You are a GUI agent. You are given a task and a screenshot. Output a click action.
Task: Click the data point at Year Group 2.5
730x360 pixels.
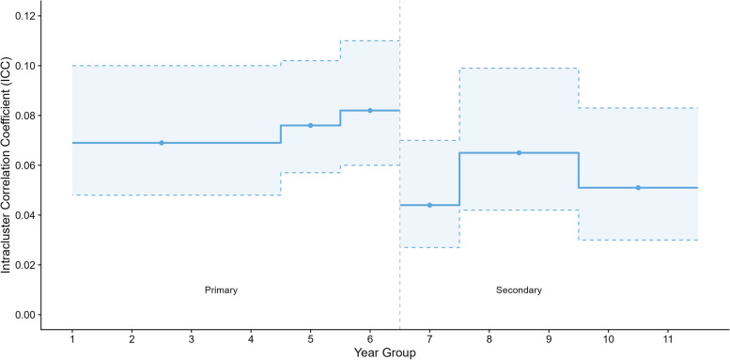coord(162,143)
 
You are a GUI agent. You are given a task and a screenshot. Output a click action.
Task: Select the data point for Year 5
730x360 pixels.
coord(311,125)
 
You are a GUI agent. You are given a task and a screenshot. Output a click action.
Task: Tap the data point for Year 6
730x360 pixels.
coord(370,110)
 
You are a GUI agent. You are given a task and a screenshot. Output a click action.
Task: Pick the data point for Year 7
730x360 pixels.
coord(429,205)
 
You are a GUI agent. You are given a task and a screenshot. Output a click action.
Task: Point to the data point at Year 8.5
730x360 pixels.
coord(520,153)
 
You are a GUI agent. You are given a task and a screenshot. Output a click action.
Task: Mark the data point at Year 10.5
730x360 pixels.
coord(638,188)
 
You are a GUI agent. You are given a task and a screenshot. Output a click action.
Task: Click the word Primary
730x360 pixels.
coord(221,290)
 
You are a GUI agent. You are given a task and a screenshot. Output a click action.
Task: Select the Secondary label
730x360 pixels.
coord(520,290)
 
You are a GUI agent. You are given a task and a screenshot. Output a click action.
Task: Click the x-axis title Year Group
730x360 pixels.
coord(384,352)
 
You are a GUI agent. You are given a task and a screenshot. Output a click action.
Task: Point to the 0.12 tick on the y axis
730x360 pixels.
coord(26,16)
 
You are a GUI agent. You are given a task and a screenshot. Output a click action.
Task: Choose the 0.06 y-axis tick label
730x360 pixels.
coord(26,165)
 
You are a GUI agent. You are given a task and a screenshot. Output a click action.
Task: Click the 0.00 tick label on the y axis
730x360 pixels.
coord(26,315)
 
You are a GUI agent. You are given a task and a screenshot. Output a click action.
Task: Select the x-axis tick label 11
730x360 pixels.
coord(668,337)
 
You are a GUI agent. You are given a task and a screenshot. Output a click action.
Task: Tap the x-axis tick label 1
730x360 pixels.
coord(72,337)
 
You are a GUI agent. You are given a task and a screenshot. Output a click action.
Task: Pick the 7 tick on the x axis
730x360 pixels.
coord(429,337)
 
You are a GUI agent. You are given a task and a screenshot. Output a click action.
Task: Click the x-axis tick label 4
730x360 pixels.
coord(251,337)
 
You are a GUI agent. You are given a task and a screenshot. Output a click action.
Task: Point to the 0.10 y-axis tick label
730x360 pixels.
coord(26,66)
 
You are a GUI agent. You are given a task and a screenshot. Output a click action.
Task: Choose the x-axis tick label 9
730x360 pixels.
coord(549,337)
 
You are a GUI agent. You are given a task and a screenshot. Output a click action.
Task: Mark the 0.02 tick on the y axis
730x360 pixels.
coord(26,265)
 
